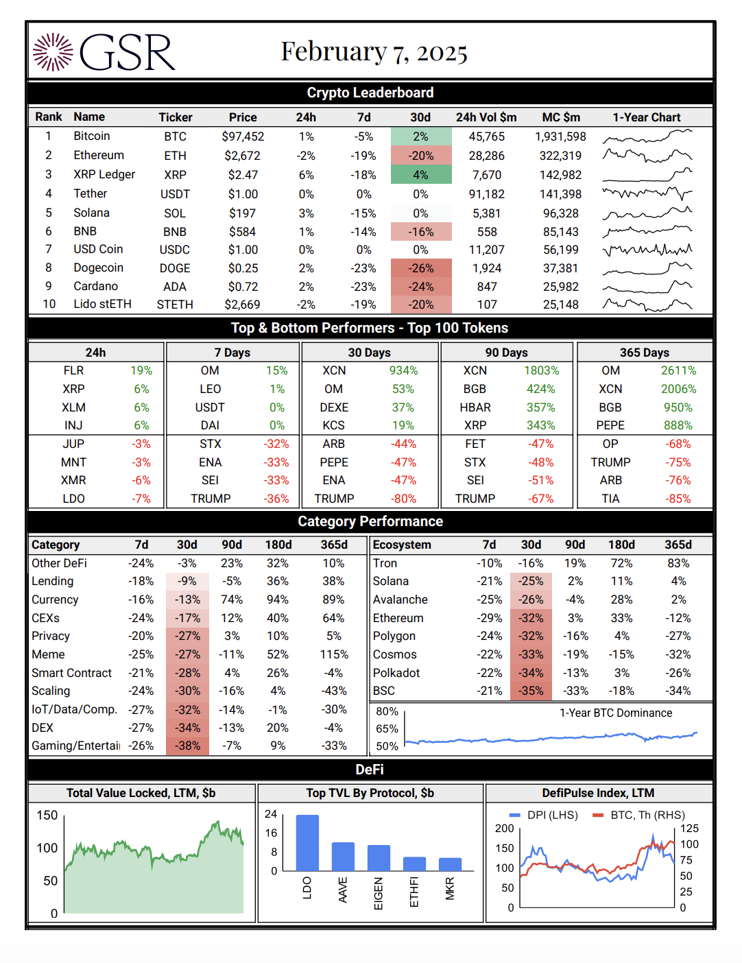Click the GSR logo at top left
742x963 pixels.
(104, 52)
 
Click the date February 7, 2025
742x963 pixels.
(374, 51)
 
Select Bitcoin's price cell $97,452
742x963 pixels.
(243, 136)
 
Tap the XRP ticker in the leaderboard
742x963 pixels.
(175, 175)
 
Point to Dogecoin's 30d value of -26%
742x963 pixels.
(421, 268)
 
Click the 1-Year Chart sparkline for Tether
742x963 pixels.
(647, 194)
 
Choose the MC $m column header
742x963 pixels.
(561, 117)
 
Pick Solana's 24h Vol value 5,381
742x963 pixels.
(486, 213)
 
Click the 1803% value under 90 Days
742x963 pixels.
(541, 370)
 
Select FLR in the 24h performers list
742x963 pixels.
(73, 370)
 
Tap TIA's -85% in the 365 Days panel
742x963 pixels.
(678, 499)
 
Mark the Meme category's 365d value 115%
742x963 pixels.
(334, 654)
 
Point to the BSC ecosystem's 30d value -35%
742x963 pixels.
(531, 691)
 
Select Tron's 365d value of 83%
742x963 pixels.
(678, 563)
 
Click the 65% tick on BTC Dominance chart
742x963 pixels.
(387, 729)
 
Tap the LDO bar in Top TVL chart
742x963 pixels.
(307, 842)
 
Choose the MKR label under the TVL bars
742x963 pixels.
(450, 888)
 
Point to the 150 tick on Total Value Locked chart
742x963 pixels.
(47, 816)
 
